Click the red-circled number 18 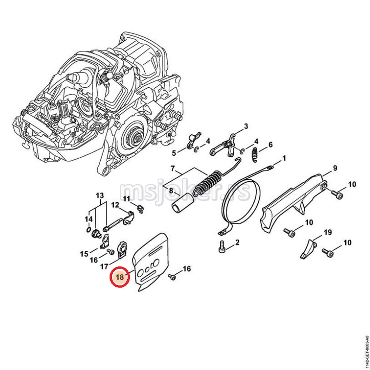[120, 277]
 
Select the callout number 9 [334, 169]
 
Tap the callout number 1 [284, 158]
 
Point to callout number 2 [237, 242]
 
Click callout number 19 [327, 232]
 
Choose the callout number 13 [100, 195]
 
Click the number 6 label [270, 144]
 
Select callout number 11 [127, 199]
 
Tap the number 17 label [104, 266]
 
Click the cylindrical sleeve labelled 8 [182, 204]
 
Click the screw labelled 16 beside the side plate [172, 276]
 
